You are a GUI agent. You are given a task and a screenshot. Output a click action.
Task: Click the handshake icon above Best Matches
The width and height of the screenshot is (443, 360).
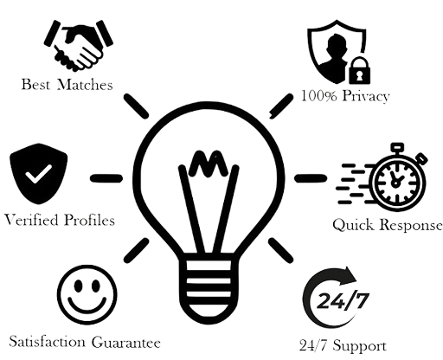78,45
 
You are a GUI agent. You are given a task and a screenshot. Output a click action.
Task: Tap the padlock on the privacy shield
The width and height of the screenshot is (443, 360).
359,71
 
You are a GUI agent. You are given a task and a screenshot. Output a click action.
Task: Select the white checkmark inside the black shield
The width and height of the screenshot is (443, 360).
38,174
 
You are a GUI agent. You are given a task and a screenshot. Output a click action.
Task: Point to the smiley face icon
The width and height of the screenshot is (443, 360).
87,295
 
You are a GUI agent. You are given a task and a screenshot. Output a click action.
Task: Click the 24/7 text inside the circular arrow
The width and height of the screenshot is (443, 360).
343,300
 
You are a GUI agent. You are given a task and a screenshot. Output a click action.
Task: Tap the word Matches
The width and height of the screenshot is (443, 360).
85,85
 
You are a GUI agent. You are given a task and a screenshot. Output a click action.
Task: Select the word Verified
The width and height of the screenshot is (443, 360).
31,220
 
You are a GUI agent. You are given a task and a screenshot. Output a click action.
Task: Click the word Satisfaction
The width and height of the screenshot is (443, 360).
48,342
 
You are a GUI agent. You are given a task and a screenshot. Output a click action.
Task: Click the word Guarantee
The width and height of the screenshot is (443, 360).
126,343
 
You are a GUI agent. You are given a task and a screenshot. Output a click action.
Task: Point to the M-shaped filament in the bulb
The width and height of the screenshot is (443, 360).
208,164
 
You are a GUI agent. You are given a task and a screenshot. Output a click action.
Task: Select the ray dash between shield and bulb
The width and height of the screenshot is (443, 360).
106,178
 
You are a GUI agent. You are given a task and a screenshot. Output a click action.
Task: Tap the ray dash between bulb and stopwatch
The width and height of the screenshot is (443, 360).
311,178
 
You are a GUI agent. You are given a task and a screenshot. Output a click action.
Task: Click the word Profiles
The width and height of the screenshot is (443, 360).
89,220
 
